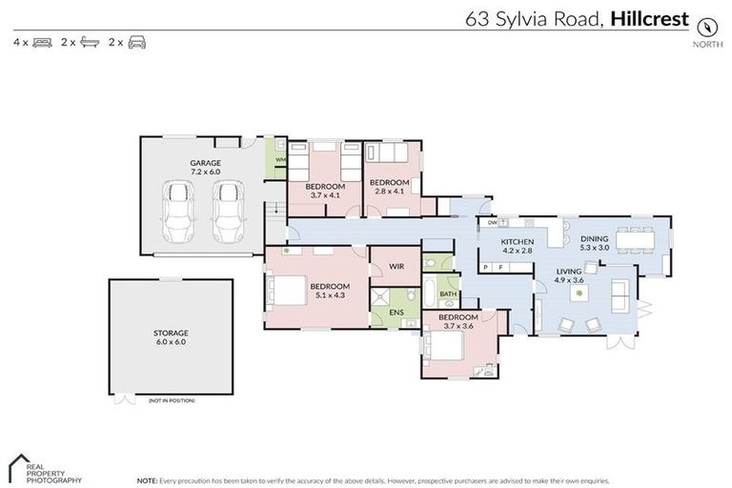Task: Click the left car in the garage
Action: coord(180,212)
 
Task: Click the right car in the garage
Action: coord(229,212)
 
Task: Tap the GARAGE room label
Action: coord(205,167)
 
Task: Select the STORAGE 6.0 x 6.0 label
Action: coord(171,336)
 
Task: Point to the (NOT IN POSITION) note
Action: coord(172,400)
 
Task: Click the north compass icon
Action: coord(706,26)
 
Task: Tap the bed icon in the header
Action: coord(42,43)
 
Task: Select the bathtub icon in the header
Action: coord(90,43)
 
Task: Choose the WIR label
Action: coord(395,267)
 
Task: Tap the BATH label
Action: coord(447,294)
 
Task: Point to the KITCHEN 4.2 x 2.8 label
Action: coord(518,246)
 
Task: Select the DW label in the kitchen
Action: coord(492,223)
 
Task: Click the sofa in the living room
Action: coord(620,295)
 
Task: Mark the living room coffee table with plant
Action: coord(579,295)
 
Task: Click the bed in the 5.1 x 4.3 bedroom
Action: coord(287,290)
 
